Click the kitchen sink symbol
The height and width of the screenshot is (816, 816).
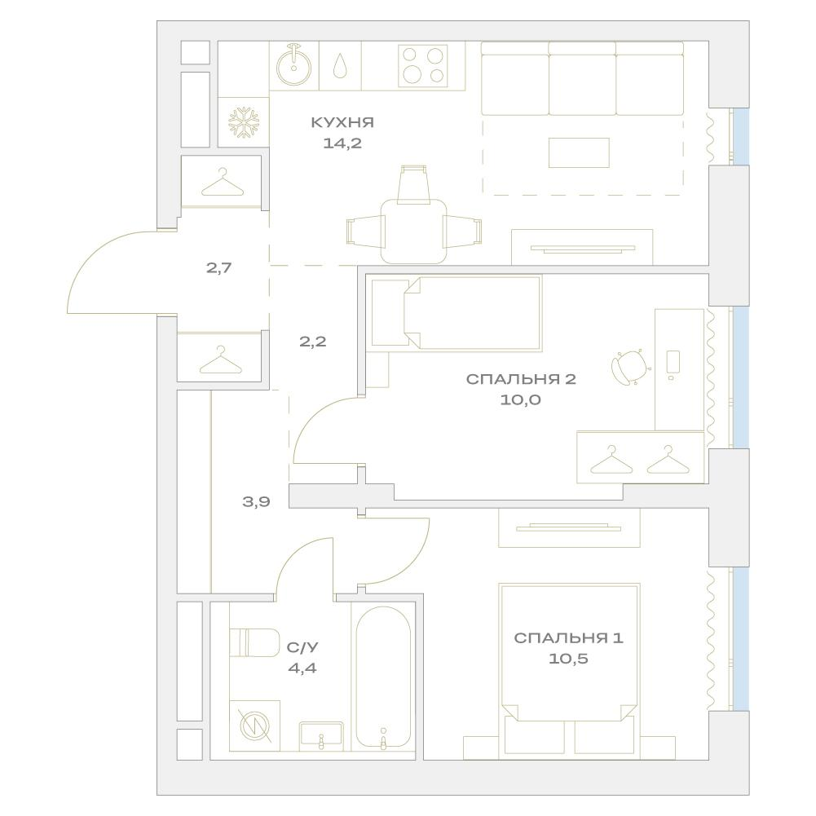[x=294, y=66]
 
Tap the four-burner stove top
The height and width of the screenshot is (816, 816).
[x=423, y=66]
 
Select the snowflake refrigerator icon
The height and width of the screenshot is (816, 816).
[x=244, y=123]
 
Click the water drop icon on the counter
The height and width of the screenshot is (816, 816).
[x=340, y=65]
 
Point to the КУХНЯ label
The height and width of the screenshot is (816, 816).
[x=342, y=123]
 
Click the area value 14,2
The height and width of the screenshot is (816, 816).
[x=342, y=143]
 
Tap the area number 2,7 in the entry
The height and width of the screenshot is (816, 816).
[x=219, y=268]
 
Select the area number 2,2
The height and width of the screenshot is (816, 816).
[x=313, y=342]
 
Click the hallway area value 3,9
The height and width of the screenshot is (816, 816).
[x=257, y=502]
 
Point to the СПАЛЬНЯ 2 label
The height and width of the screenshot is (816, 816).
[x=521, y=379]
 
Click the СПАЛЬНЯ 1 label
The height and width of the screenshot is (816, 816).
[x=568, y=638]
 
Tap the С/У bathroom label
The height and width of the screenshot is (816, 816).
[x=302, y=647]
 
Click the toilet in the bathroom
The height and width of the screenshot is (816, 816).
[x=254, y=642]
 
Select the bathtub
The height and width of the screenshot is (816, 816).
[x=383, y=677]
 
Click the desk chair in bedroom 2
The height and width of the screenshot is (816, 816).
[x=630, y=368]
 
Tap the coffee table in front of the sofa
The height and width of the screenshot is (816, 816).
[x=579, y=152]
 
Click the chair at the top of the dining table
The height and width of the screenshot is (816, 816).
[x=414, y=183]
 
